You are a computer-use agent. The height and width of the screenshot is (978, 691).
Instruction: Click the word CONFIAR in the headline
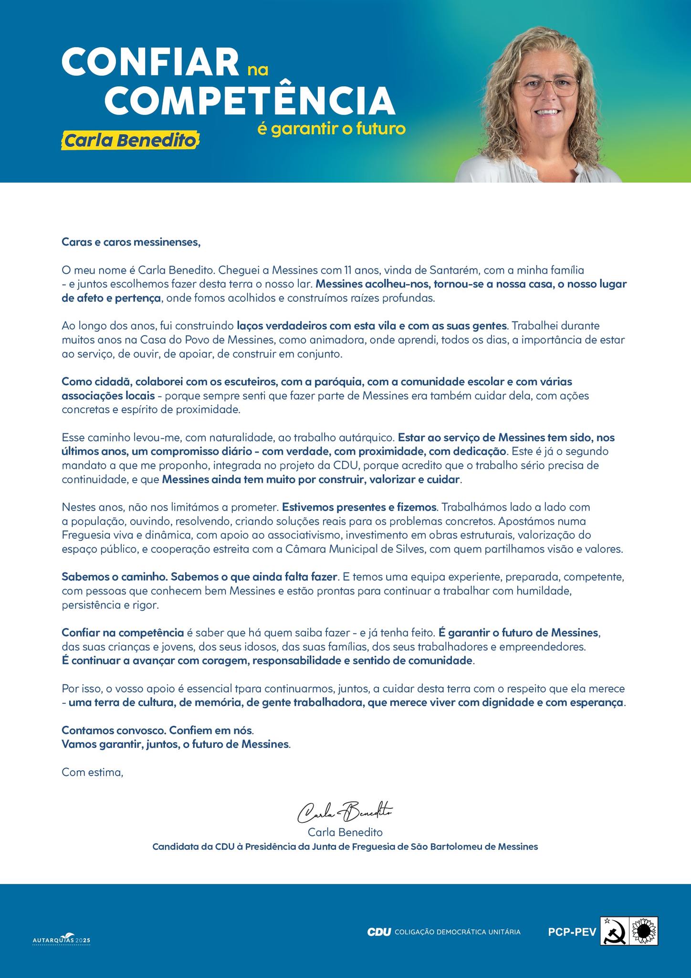pos(150,62)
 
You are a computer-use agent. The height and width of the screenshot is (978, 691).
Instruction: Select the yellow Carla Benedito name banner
pos(130,141)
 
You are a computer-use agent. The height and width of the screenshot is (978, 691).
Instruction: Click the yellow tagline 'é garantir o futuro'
pos(331,129)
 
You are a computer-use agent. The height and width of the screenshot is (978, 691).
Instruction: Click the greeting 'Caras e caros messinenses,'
pos(131,242)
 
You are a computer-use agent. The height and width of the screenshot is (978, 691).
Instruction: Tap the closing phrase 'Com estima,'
pos(93,773)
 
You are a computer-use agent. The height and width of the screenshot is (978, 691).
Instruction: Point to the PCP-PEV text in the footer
pos(572,932)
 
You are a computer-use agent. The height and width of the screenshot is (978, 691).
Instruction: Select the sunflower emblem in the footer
pos(644,931)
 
